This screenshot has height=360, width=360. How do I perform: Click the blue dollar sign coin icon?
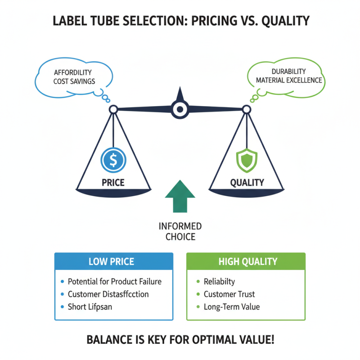coord(113,160)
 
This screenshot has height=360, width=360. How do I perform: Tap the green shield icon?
coord(247,160)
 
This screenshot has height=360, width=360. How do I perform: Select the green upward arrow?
coord(180,196)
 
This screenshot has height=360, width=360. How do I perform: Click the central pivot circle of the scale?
coord(180,108)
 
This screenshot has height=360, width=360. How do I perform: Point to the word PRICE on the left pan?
coord(113,183)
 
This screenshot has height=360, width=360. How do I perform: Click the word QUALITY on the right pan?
coord(247,183)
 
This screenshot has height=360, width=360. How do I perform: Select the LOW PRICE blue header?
coord(113,261)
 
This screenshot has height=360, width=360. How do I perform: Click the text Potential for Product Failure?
coord(114,282)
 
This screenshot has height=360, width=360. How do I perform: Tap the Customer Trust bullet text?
coord(229,294)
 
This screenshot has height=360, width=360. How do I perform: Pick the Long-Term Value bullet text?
coord(231,307)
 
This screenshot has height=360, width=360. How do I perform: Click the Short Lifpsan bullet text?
coord(90,307)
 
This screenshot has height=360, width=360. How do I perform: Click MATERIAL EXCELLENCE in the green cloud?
coord(289,80)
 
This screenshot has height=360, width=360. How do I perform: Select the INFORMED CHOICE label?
coord(180,231)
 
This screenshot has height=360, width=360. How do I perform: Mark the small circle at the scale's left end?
coord(113,109)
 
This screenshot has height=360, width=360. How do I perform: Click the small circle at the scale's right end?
coord(246,109)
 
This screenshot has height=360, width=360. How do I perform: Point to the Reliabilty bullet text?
coord(219,282)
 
